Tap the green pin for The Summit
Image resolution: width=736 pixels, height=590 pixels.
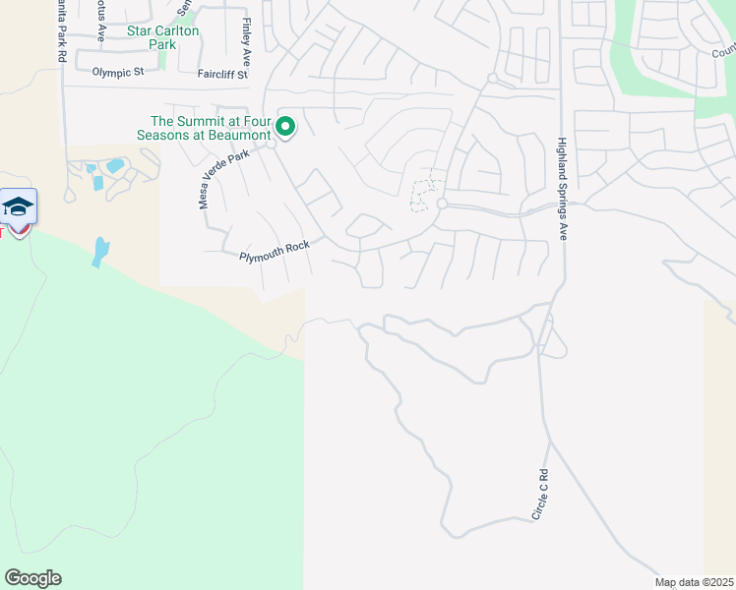pyautogui.click(x=286, y=127)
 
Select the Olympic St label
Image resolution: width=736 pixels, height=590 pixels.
pyautogui.click(x=118, y=72)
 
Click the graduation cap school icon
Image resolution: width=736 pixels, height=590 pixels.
pyautogui.click(x=19, y=206)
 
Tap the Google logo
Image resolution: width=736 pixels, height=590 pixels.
pyautogui.click(x=32, y=578)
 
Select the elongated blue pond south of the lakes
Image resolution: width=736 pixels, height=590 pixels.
pyautogui.click(x=100, y=252)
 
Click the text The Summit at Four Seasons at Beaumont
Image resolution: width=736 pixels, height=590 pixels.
pyautogui.click(x=204, y=127)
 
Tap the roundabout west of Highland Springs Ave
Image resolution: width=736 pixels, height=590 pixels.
pyautogui.click(x=443, y=204)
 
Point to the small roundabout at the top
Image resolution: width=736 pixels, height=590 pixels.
pyautogui.click(x=491, y=78)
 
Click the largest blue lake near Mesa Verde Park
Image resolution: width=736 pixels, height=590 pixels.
pyautogui.click(x=115, y=166)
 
